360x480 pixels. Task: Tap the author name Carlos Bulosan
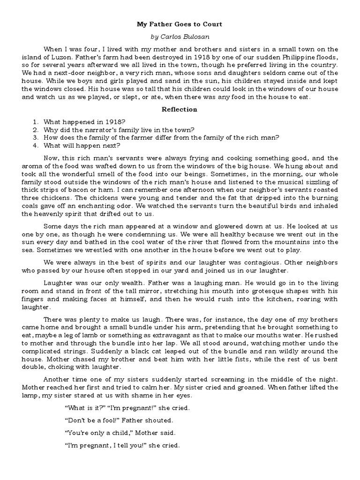pyautogui.click(x=180, y=36)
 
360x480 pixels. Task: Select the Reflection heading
pyautogui.click(x=180, y=109)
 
